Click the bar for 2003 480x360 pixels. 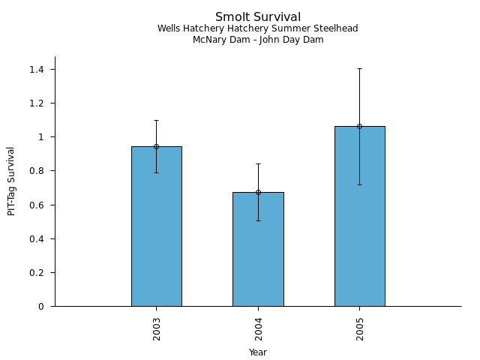coord(156,226)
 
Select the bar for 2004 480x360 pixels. coord(258,249)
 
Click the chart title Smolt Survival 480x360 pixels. coord(258,17)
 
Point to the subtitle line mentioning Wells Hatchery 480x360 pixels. coord(258,28)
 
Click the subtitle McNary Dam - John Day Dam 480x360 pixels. coord(258,40)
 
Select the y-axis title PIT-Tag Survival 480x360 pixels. coord(11,181)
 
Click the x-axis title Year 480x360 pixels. coord(258,352)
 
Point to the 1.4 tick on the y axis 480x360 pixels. coord(37,69)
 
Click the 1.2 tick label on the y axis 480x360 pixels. coord(37,103)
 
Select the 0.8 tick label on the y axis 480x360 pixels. coord(37,171)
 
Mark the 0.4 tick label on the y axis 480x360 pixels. coord(37,238)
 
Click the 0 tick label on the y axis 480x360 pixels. coord(42,306)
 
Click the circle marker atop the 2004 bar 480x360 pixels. coord(258,192)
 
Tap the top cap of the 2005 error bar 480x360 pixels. coord(359,68)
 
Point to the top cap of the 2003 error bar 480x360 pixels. coord(156,120)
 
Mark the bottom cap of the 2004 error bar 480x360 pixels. coord(258,220)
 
